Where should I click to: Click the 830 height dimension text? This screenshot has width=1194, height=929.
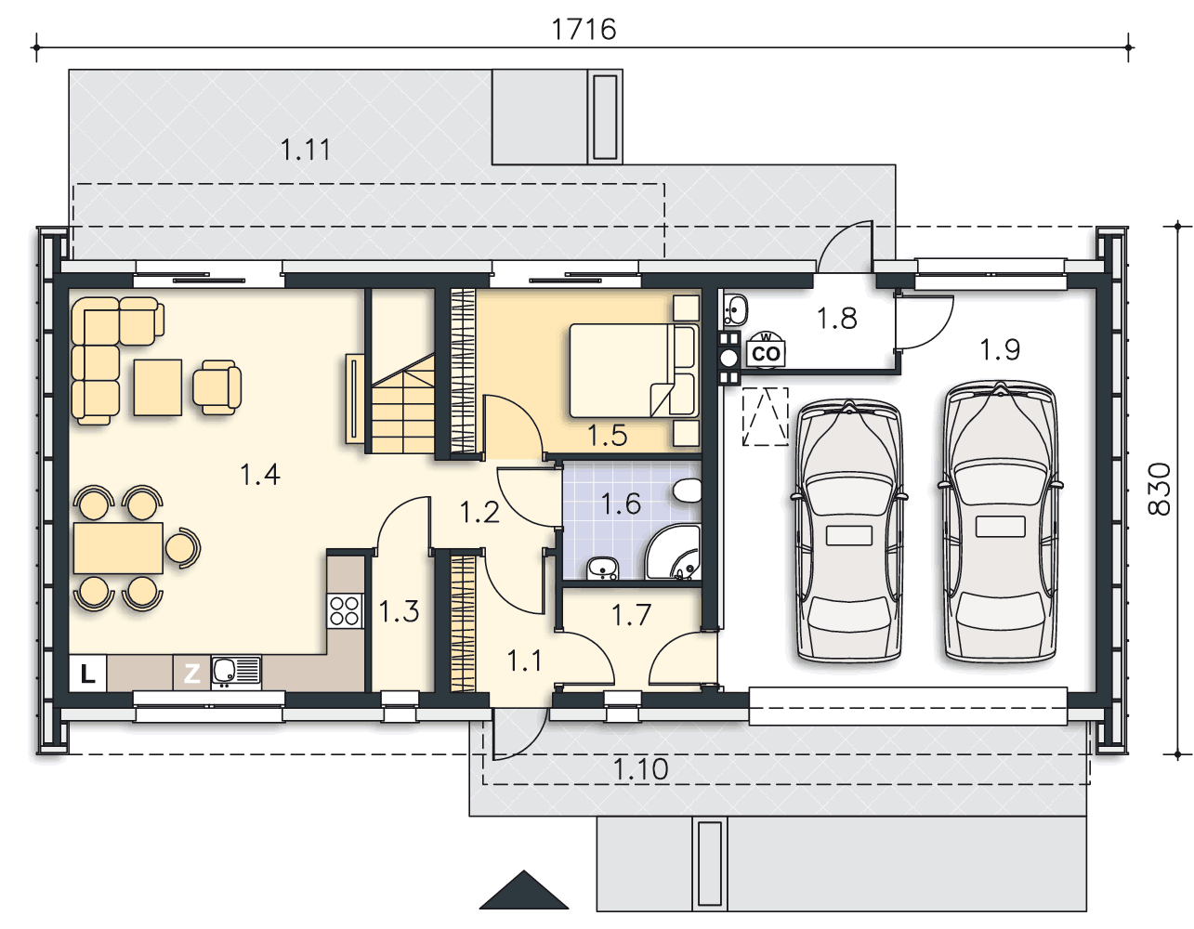tap(1160, 489)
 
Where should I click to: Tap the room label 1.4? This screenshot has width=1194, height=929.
tap(260, 474)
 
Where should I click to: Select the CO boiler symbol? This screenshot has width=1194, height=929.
tap(766, 350)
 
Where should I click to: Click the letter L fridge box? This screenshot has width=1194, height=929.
tap(88, 673)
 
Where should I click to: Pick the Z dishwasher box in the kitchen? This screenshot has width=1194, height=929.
tap(191, 673)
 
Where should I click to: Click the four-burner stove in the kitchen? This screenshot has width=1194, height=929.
tap(345, 611)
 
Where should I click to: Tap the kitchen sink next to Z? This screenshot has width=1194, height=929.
tap(236, 673)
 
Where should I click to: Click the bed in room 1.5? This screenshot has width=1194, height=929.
tap(634, 371)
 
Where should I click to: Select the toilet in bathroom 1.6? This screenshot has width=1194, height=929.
tap(688, 490)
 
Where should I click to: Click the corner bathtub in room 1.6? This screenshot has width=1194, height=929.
tap(673, 552)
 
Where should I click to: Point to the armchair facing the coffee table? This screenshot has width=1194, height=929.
tap(217, 386)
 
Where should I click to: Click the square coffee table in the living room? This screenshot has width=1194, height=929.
tap(158, 386)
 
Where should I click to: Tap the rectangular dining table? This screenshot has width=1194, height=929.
tap(118, 548)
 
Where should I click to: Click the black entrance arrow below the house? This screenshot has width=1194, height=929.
tap(524, 890)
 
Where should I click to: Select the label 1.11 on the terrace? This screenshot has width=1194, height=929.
tap(306, 150)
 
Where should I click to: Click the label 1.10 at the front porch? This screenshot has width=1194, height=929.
tap(641, 769)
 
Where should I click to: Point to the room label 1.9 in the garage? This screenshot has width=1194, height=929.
tap(1000, 349)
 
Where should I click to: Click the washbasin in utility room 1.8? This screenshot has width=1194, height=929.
tap(735, 309)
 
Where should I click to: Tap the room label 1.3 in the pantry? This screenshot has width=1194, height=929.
tap(399, 611)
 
